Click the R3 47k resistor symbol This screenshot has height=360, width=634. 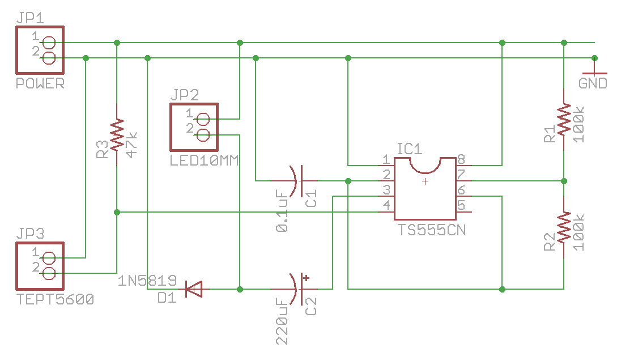[117, 134]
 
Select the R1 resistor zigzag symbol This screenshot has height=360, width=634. [564, 119]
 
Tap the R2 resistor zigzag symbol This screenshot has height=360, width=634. [564, 227]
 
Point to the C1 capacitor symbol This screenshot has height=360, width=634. [296, 181]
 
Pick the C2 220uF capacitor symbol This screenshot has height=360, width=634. [297, 289]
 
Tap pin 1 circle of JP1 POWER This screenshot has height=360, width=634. [48, 43]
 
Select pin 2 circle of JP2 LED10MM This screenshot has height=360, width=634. [202, 134]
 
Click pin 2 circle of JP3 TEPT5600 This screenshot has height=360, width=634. [48, 274]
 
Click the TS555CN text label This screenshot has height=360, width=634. [432, 230]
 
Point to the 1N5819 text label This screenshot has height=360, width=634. [148, 281]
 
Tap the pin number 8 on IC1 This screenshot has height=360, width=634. [461, 159]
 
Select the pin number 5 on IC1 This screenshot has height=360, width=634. [461, 205]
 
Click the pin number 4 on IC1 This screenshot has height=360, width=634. [386, 205]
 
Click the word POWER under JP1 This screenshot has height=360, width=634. [40, 84]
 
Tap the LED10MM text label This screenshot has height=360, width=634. [204, 161]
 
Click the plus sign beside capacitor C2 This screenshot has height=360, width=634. [307, 278]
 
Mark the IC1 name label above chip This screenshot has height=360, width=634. [410, 149]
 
